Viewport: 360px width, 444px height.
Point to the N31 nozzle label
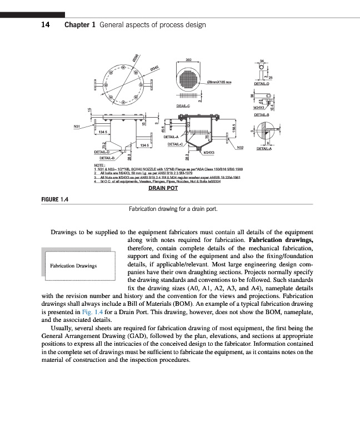pos(78,127)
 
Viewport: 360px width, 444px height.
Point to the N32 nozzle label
pos(240,147)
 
